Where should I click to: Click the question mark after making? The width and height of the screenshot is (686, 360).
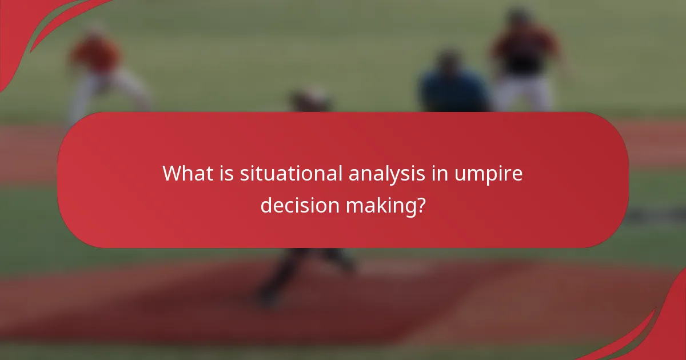[x=421, y=205]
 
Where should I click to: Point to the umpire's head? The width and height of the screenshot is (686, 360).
[x=449, y=60]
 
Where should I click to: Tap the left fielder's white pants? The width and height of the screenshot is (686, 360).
[x=109, y=91]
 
